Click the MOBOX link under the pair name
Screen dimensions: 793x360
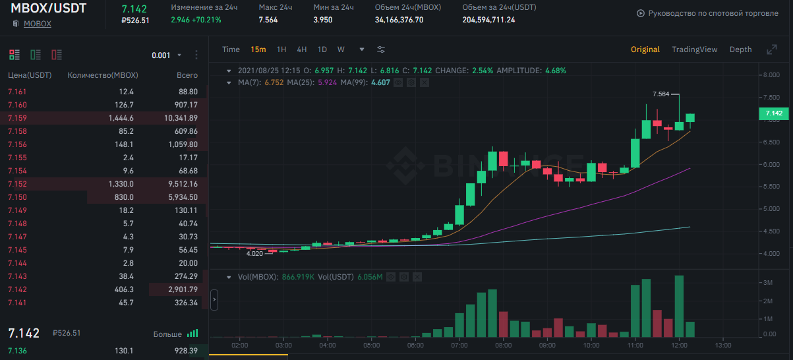click(x=37, y=24)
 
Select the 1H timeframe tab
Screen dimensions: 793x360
click(x=281, y=49)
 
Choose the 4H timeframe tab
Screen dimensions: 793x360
click(x=302, y=49)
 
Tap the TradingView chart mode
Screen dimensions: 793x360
click(x=694, y=49)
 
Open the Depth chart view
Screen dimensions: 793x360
click(x=740, y=49)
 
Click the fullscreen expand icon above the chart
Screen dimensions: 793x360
click(x=772, y=49)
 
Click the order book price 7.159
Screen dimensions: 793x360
click(x=17, y=118)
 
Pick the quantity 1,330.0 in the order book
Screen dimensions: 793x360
click(x=121, y=184)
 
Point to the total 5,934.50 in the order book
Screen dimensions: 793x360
click(x=183, y=197)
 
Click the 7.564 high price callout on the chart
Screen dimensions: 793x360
click(x=661, y=94)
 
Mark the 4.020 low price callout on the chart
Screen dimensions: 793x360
click(x=254, y=253)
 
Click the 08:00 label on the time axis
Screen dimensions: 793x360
click(x=503, y=345)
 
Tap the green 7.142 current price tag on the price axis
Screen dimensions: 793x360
click(x=774, y=113)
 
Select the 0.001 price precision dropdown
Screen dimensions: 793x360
click(x=166, y=55)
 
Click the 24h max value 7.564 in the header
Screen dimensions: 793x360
click(x=268, y=20)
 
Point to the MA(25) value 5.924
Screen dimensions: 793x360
click(x=327, y=82)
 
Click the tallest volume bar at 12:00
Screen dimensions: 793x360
click(x=679, y=306)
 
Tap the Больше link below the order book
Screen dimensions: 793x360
click(x=167, y=334)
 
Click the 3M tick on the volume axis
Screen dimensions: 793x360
click(x=768, y=282)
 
